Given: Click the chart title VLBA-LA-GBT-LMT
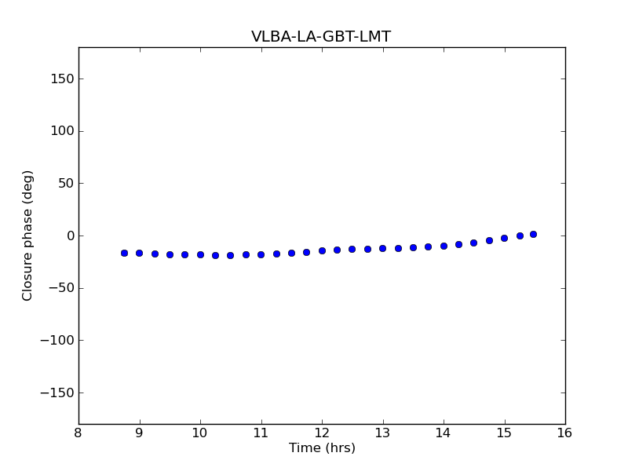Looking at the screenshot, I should [321, 37].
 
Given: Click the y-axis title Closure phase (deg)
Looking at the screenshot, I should [28, 235].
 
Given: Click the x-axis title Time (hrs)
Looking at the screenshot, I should [322, 448].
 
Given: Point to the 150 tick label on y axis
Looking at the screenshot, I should [63, 78].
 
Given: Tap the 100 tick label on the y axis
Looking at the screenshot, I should [63, 131].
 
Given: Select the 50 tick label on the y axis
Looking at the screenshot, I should [66, 184].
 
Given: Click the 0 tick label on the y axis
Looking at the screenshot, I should [70, 235].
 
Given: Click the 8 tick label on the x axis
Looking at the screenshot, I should [78, 433].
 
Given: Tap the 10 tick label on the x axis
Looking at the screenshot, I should [200, 433].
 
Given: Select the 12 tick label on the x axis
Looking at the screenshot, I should [322, 433].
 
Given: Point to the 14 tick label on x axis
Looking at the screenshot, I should [444, 433].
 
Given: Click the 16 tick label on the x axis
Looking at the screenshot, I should [565, 433].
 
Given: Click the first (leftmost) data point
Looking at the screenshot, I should [124, 253].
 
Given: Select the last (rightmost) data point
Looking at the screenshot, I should [533, 234].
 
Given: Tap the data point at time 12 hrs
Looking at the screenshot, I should [322, 250].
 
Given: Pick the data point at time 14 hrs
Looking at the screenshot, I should [444, 246].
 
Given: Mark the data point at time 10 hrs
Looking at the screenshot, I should [200, 254].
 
